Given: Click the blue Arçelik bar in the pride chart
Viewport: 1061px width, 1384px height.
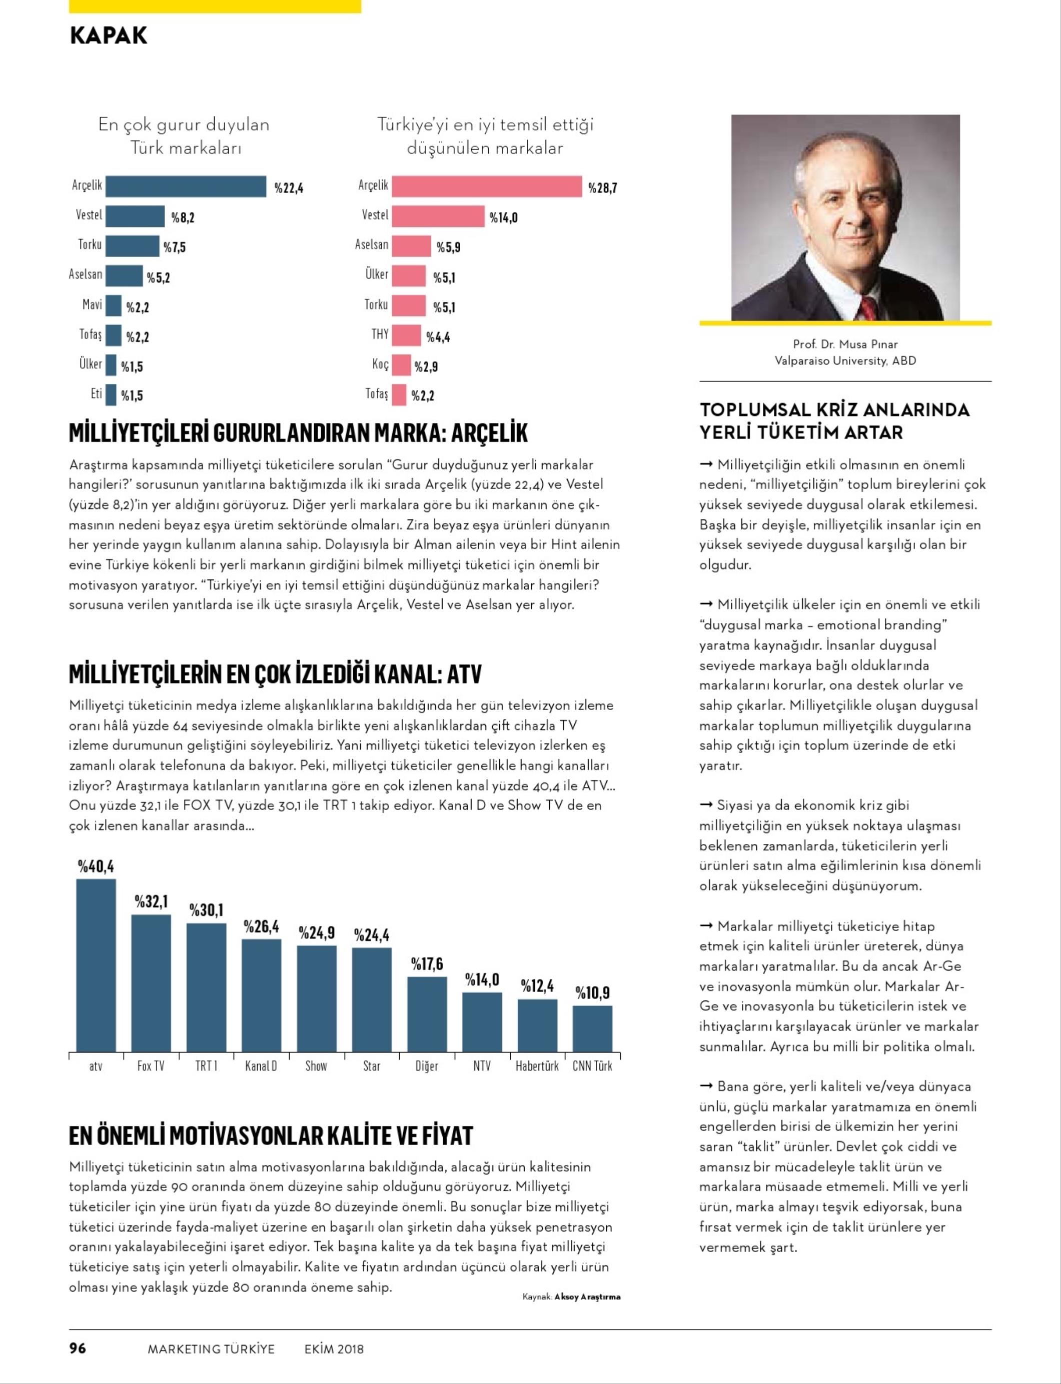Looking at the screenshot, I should (x=186, y=186).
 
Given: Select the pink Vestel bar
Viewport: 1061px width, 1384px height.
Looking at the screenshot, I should (x=438, y=216).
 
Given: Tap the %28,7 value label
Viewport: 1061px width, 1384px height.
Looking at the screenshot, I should (x=602, y=187).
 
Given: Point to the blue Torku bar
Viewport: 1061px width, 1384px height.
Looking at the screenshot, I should (x=132, y=246).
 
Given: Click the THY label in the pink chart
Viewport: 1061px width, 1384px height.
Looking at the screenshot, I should (x=380, y=334).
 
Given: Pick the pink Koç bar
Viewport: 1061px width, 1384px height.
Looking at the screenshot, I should (x=400, y=365).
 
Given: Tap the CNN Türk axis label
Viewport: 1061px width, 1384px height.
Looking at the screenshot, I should (x=592, y=1066).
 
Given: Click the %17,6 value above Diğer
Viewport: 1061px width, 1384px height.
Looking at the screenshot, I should (x=427, y=963).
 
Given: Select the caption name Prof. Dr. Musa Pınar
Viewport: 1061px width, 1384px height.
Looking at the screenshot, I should (x=845, y=344).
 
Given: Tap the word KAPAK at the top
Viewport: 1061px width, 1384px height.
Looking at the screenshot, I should (x=109, y=35).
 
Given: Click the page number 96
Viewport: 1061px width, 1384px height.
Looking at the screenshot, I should (x=77, y=1348).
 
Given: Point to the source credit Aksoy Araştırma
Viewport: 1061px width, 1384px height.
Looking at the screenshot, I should (x=587, y=1297).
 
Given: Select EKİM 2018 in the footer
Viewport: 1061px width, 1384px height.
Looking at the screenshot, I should (x=334, y=1348).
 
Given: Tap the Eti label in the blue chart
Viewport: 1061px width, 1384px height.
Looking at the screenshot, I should (x=96, y=394).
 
